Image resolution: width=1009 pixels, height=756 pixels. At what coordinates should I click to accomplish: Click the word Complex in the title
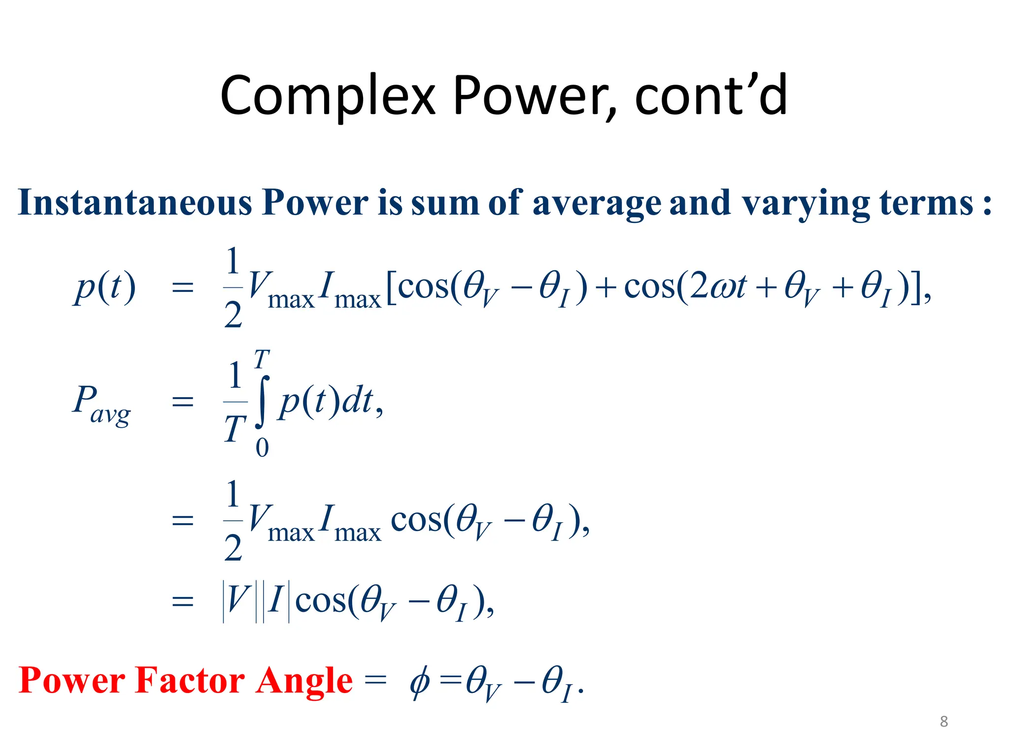pyautogui.click(x=328, y=96)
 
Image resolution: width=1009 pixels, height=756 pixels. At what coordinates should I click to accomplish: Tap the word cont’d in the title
pyautogui.click(x=711, y=96)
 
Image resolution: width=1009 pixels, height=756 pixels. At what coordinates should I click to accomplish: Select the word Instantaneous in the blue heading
pyautogui.click(x=134, y=203)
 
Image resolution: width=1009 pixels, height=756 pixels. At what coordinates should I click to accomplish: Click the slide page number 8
pyautogui.click(x=943, y=722)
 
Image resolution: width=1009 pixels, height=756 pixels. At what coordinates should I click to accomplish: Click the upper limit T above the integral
pyautogui.click(x=262, y=359)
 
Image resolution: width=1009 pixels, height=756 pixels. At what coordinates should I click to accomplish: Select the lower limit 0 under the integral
pyautogui.click(x=262, y=447)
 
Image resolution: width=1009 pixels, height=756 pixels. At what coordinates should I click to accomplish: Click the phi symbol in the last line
pyautogui.click(x=420, y=682)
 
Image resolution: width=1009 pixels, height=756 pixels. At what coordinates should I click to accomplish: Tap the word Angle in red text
pyautogui.click(x=303, y=681)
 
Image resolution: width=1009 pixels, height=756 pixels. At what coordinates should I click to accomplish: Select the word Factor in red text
pyautogui.click(x=189, y=680)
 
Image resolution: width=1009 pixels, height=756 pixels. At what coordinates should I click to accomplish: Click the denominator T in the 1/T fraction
pyautogui.click(x=235, y=429)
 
